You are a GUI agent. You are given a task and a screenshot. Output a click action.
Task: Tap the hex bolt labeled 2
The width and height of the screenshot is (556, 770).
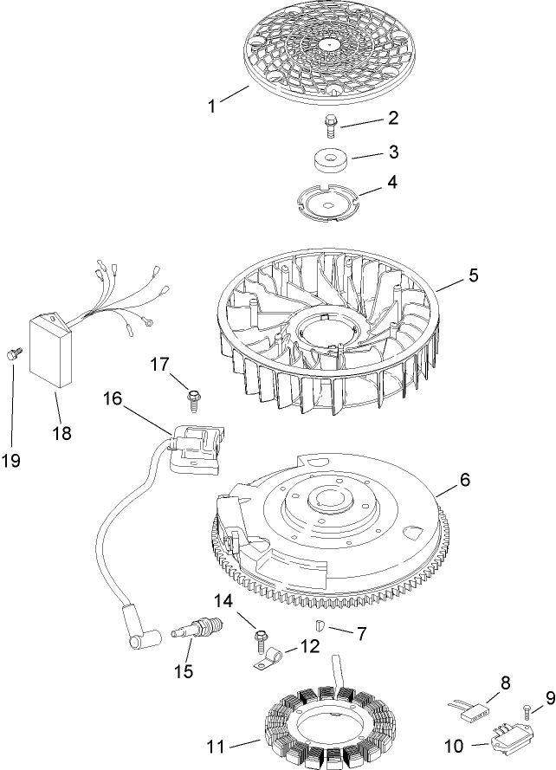click(x=330, y=126)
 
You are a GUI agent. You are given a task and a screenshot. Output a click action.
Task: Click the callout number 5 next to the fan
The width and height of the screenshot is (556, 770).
click(x=473, y=276)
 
